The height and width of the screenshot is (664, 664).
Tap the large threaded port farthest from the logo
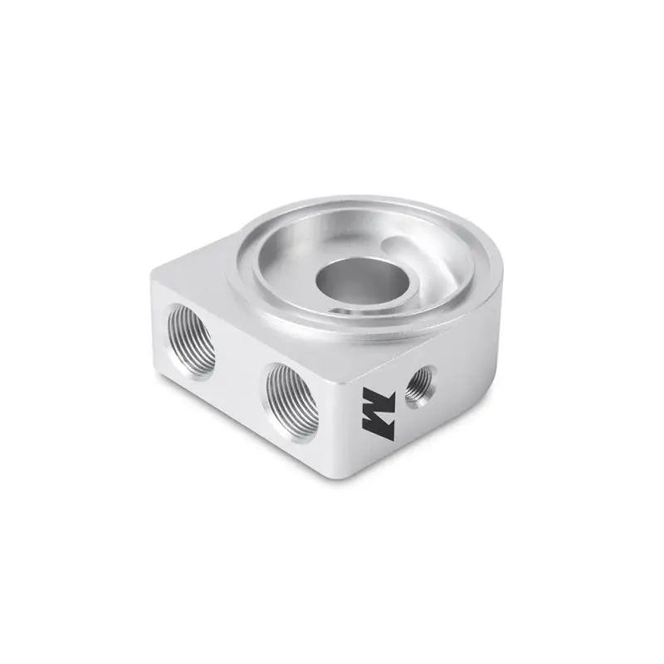tap(192, 341)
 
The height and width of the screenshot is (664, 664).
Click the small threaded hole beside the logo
tap(419, 384)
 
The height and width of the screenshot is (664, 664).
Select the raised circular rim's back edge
tap(365, 202)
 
